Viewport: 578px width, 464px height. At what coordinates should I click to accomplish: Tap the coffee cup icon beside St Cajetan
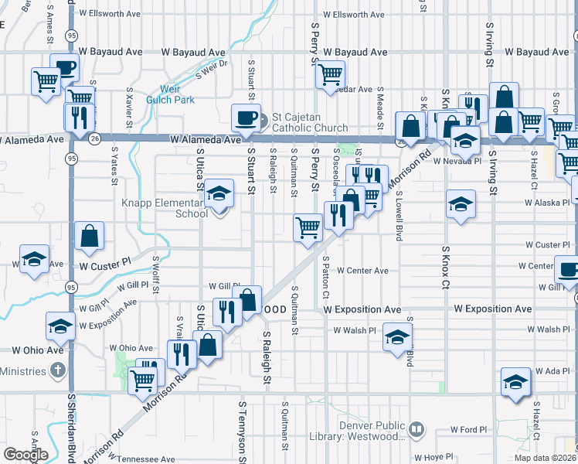point(246,118)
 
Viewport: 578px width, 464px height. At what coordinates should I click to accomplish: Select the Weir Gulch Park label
point(176,94)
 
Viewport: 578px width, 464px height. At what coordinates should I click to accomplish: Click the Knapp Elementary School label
point(163,207)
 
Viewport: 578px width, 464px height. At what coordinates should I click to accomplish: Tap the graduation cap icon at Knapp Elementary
point(219,193)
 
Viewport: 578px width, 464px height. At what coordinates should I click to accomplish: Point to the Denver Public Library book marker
point(416,428)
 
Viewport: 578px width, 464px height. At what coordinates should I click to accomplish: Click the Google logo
point(25,455)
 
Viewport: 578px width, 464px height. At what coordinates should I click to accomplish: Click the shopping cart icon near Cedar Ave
point(331,74)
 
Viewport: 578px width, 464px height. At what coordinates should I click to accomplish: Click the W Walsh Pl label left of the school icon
point(354,329)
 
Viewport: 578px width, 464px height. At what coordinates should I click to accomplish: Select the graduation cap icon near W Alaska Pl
point(461,204)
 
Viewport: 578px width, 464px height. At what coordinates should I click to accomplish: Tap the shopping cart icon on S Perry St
point(308,227)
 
